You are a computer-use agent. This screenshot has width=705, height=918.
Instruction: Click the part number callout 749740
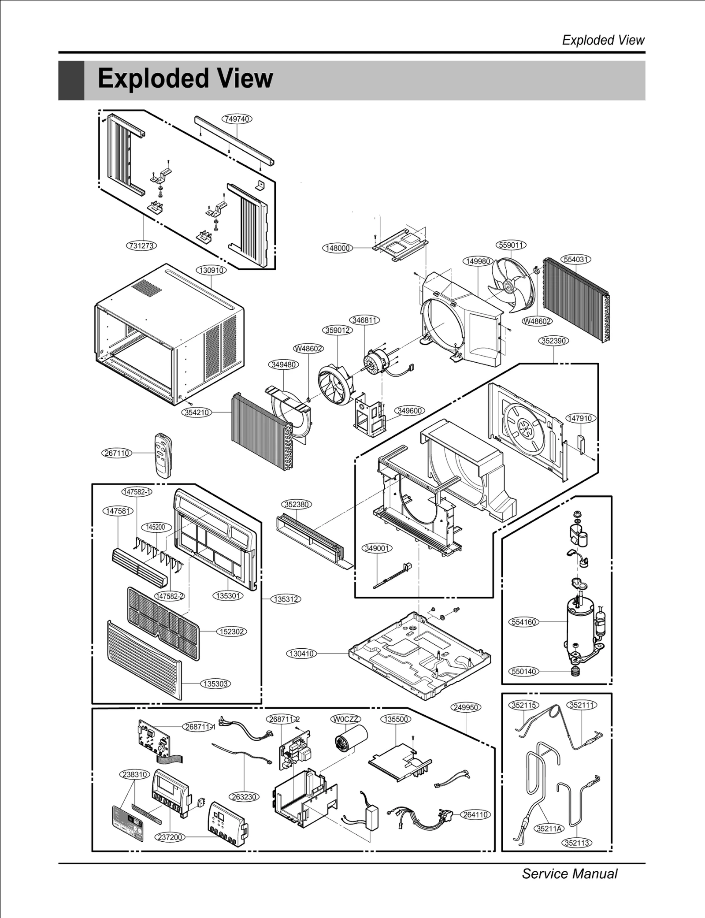pyautogui.click(x=237, y=119)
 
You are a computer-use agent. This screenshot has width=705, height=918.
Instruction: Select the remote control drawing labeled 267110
pyautogui.click(x=163, y=454)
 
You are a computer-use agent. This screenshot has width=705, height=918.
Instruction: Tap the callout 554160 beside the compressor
pyautogui.click(x=523, y=622)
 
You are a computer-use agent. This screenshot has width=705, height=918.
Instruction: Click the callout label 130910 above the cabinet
pyautogui.click(x=211, y=270)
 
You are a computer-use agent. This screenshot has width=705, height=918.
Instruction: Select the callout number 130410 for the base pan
pyautogui.click(x=302, y=654)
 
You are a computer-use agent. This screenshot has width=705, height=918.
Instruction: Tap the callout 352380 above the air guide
pyautogui.click(x=296, y=504)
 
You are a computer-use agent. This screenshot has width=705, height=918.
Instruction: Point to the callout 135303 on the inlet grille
pyautogui.click(x=215, y=684)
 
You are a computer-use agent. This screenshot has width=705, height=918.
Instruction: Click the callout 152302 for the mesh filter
pyautogui.click(x=232, y=632)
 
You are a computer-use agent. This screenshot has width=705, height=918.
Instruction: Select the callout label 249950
pyautogui.click(x=466, y=707)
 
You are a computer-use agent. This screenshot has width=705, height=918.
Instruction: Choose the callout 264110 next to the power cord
pyautogui.click(x=475, y=814)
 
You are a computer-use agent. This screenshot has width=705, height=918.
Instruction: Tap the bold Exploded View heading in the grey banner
pyautogui.click(x=185, y=78)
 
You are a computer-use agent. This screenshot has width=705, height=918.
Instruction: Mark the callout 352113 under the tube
pyautogui.click(x=577, y=843)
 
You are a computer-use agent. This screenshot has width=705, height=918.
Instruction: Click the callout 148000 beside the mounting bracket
pyautogui.click(x=338, y=248)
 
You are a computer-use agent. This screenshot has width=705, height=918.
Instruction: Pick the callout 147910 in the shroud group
pyautogui.click(x=581, y=418)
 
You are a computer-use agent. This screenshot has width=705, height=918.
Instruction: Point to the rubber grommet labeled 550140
pyautogui.click(x=575, y=671)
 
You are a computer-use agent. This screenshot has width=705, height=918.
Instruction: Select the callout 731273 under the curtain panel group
pyautogui.click(x=142, y=245)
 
